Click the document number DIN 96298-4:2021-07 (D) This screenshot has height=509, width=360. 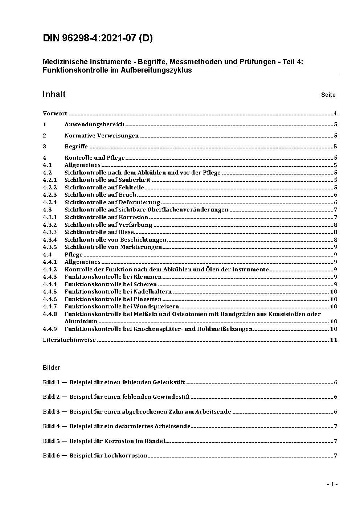tap(98, 38)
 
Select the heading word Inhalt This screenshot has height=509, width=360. tap(54, 94)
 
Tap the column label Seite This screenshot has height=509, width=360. tap(328, 95)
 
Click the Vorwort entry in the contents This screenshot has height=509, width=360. tap(55, 114)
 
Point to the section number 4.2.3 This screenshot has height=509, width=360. tap(50, 195)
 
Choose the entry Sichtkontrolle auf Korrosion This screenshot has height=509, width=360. tap(106, 217)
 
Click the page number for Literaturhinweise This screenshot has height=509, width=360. tap(334, 340)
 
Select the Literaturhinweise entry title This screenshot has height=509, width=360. tap(69, 340)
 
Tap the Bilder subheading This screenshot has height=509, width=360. tap(52, 368)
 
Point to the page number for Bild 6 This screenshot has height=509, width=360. tap(336, 456)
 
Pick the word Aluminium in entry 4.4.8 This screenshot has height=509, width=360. tap(81, 321)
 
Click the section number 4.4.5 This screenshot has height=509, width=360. tap(50, 292)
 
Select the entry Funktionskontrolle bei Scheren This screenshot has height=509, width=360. tap(111, 284)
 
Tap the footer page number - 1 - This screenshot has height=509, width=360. tap(332, 484)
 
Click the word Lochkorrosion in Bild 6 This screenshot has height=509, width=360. tap(126, 456)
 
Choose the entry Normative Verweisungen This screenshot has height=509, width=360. tap(102, 136)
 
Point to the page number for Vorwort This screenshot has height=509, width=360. tap(335, 114)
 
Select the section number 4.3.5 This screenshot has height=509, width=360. tap(50, 247)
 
